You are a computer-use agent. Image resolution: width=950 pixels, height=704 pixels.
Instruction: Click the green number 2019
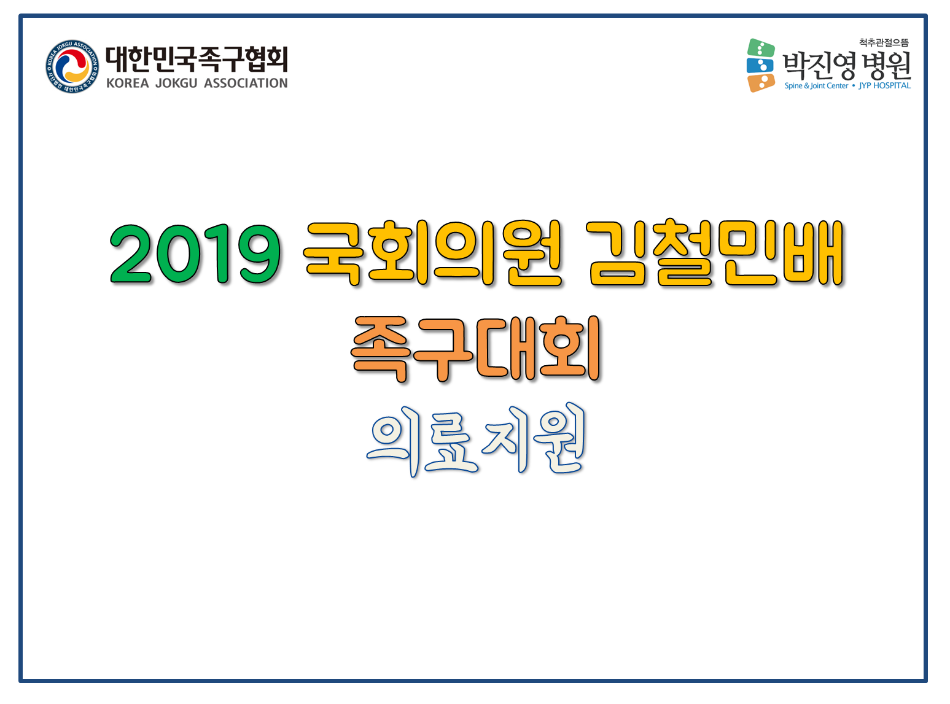click(x=195, y=253)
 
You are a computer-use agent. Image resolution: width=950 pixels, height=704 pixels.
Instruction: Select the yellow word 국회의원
click(x=432, y=253)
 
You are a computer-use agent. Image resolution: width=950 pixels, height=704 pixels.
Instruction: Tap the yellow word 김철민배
click(x=714, y=253)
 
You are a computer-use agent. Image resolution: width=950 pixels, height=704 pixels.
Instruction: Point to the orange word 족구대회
click(x=475, y=348)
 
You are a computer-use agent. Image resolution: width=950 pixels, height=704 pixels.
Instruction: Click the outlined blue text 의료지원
click(x=475, y=439)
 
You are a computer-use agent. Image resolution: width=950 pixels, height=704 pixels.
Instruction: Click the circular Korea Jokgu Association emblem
click(x=72, y=66)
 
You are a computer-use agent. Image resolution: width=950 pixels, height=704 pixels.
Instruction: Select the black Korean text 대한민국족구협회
click(x=197, y=59)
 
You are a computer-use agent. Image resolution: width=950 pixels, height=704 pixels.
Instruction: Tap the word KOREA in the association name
click(x=127, y=83)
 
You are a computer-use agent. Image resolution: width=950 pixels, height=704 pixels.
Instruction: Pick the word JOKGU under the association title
click(x=176, y=83)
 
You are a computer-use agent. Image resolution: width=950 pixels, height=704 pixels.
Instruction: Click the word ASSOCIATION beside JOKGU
click(x=246, y=83)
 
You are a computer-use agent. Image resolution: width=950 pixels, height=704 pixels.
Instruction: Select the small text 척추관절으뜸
click(x=884, y=42)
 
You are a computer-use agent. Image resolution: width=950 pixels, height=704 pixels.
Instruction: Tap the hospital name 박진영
click(x=819, y=66)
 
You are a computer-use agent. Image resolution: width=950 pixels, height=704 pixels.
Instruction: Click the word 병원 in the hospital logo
click(x=887, y=66)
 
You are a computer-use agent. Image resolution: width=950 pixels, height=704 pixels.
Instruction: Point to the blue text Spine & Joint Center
click(x=816, y=86)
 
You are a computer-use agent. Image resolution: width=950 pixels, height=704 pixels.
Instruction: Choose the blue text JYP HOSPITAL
click(x=884, y=86)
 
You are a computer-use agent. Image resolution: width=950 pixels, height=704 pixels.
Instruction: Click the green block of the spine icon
click(x=761, y=48)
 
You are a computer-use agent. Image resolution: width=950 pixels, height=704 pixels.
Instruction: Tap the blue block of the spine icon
click(x=760, y=66)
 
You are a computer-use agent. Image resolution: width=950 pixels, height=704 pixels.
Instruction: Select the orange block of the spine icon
click(x=761, y=83)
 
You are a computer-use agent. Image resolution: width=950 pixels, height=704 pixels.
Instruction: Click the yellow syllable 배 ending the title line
click(x=813, y=253)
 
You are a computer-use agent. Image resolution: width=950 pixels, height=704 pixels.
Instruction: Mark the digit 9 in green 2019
click(x=260, y=253)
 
